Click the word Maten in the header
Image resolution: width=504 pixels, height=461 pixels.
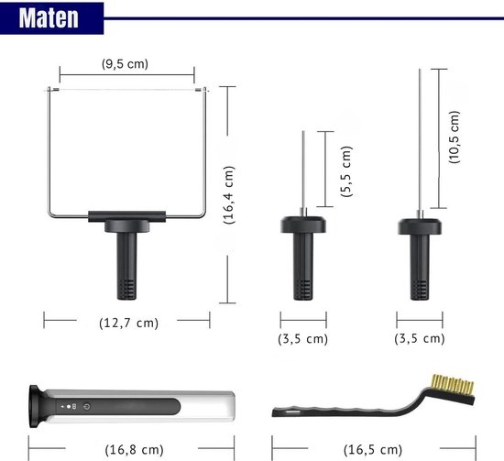[49, 17]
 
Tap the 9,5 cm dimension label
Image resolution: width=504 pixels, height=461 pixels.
[125, 63]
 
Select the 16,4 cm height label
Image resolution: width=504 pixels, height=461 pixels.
[229, 195]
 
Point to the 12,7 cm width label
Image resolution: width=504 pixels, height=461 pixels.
[128, 323]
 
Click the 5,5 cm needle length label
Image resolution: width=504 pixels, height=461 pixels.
[346, 171]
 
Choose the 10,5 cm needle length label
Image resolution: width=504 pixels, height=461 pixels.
[455, 137]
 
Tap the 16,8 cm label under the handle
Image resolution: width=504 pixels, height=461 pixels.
[134, 449]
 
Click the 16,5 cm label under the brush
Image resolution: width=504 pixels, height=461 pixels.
[373, 449]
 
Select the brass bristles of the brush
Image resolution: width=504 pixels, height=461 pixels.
[453, 386]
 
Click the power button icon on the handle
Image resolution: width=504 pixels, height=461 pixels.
[86, 406]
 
